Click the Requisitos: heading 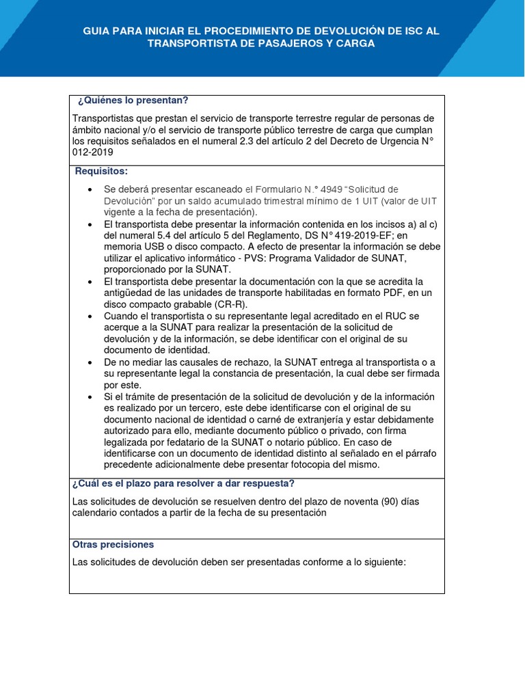tap(101, 171)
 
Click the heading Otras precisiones tap(113, 545)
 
